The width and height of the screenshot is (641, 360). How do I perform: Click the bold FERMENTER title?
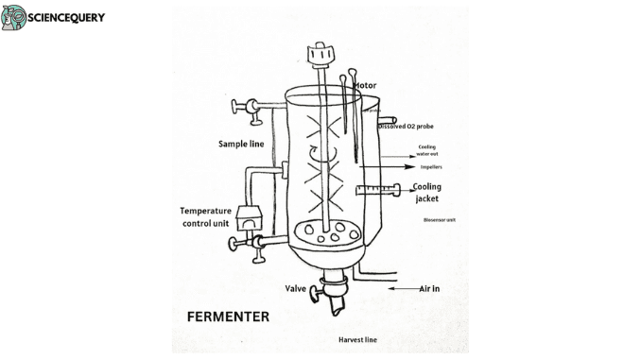(x=228, y=317)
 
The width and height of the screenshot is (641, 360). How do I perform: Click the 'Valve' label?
(x=296, y=287)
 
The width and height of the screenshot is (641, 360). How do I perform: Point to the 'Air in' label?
(x=432, y=287)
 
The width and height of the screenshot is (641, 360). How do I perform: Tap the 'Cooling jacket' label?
(x=426, y=193)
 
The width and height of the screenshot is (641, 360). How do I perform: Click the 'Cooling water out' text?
(x=427, y=151)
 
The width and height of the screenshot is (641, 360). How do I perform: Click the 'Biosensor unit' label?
(x=440, y=219)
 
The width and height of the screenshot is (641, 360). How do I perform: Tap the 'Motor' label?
(x=365, y=86)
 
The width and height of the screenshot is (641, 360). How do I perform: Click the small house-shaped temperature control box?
(x=251, y=218)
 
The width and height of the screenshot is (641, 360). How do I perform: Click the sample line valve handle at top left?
(x=251, y=108)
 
